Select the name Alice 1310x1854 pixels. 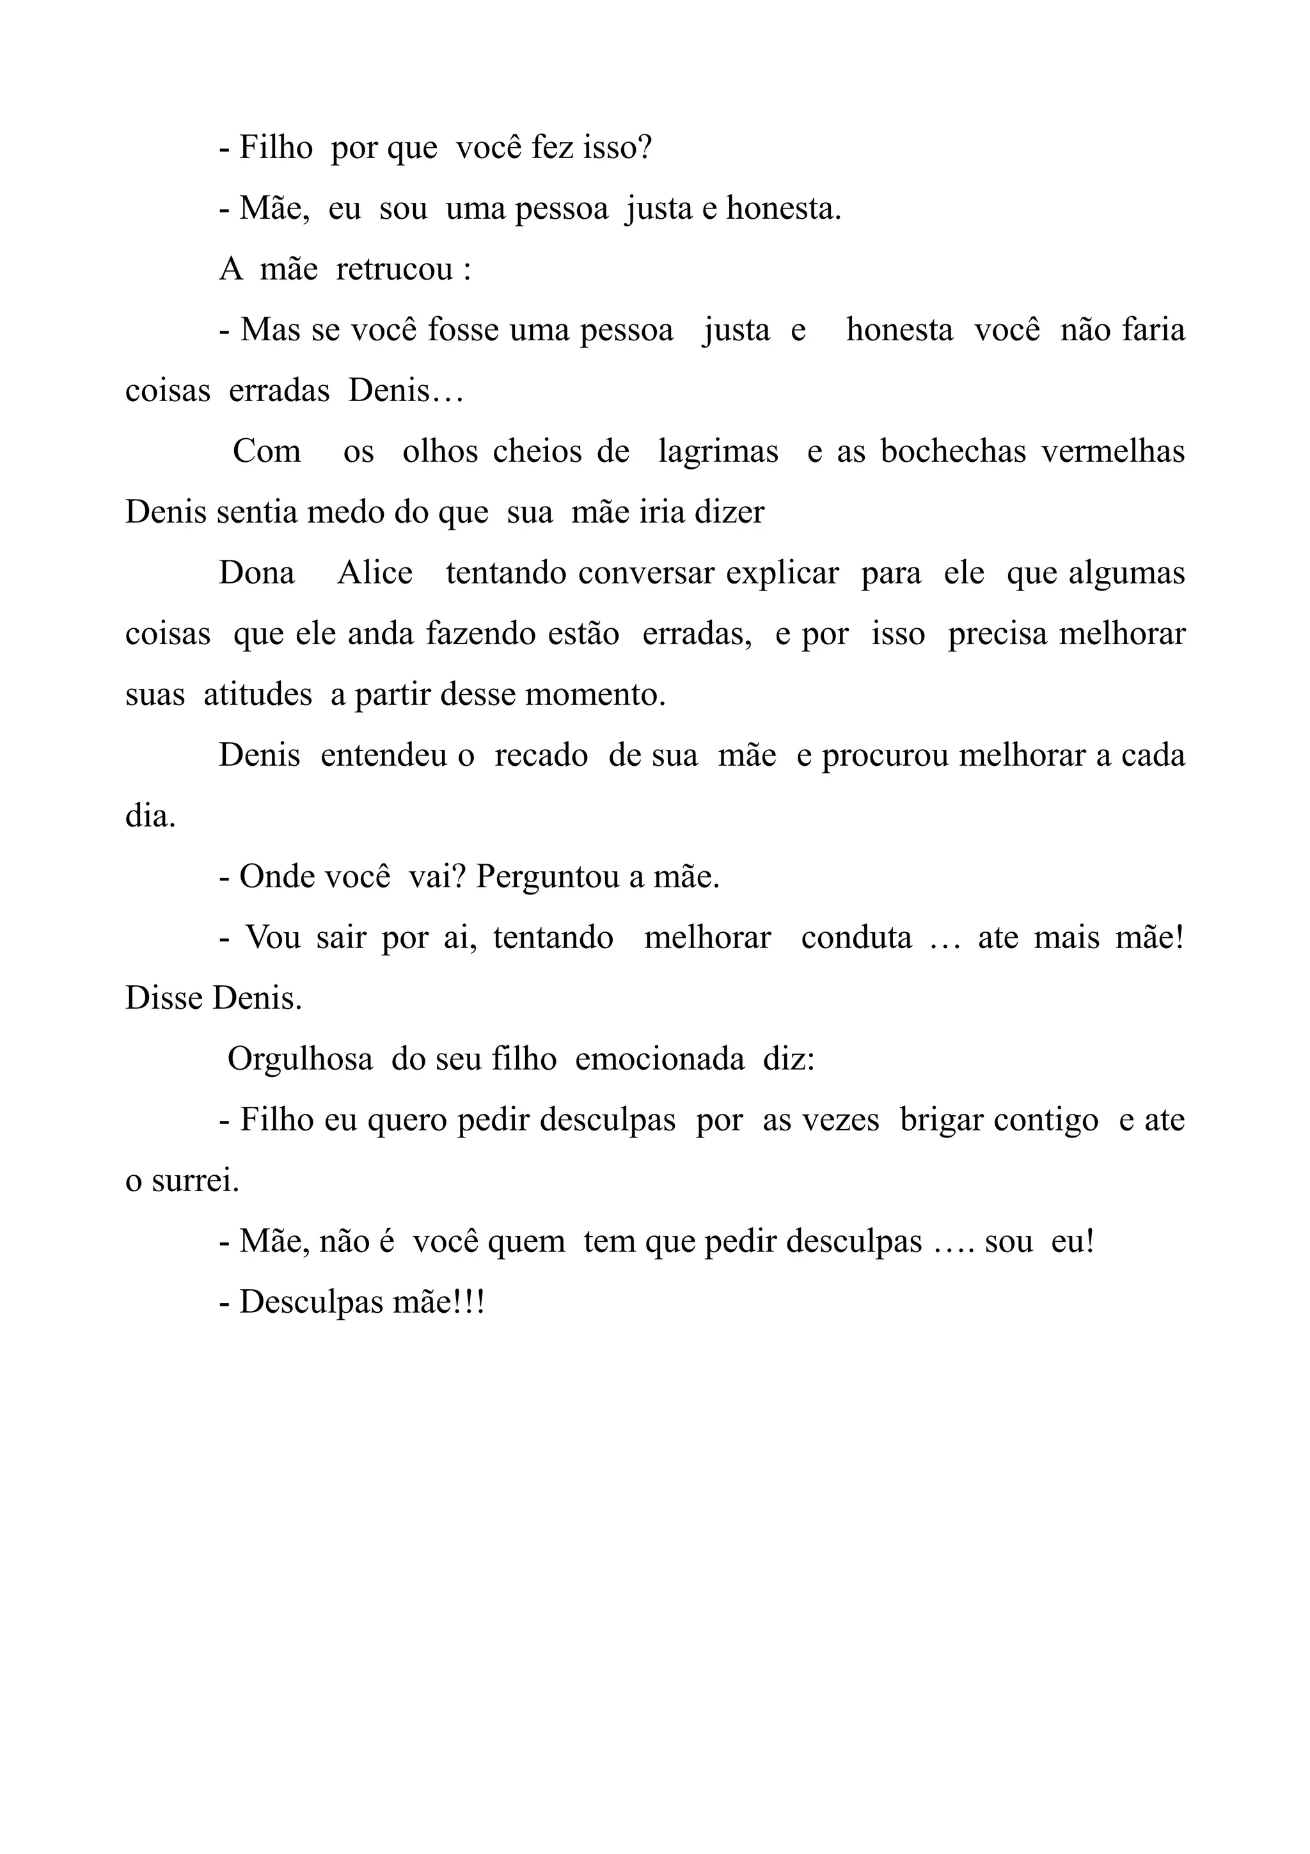[x=375, y=573]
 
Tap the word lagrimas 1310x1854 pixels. [x=718, y=452]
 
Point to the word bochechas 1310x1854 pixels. [x=953, y=452]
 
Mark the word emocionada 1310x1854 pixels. [x=659, y=1059]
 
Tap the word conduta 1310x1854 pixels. [x=856, y=937]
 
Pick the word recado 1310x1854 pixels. [x=541, y=756]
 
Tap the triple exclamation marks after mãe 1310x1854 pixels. [x=468, y=1303]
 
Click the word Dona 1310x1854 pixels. [x=256, y=573]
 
